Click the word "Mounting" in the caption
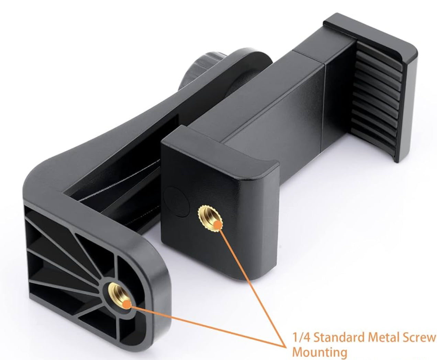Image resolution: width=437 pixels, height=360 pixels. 319,352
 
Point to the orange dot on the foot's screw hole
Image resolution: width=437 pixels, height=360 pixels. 127,304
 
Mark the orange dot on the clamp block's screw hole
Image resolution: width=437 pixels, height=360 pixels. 217,225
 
